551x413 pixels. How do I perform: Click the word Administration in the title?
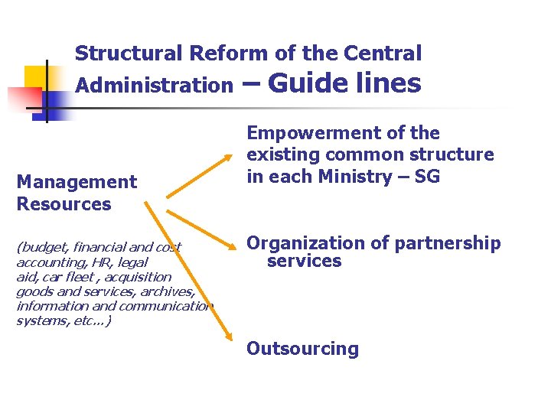click(154, 85)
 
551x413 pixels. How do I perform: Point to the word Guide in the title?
click(308, 82)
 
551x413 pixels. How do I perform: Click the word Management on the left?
click(77, 182)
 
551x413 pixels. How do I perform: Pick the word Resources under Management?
click(64, 204)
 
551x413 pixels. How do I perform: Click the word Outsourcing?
click(302, 349)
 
